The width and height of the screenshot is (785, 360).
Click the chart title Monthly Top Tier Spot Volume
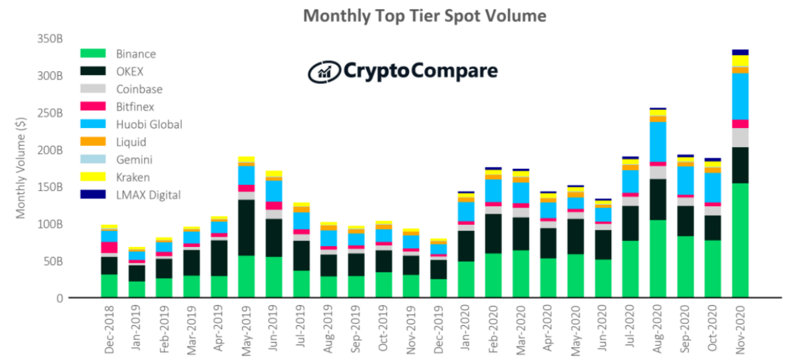[424, 16]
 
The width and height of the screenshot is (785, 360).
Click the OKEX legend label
[130, 71]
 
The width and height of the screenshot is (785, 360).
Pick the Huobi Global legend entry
[149, 124]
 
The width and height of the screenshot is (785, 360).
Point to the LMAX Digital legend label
[148, 195]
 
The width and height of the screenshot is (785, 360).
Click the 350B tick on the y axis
[49, 38]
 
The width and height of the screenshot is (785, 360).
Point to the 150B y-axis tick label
[49, 187]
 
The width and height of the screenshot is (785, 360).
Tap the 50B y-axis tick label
[52, 261]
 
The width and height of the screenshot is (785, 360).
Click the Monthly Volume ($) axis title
[21, 169]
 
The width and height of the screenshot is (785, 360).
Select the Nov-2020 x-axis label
[739, 330]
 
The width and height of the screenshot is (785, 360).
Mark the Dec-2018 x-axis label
[109, 330]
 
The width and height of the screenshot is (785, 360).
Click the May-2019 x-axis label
[246, 330]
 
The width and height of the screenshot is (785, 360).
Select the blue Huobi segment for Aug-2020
[658, 142]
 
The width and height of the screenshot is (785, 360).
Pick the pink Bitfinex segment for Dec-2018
[109, 247]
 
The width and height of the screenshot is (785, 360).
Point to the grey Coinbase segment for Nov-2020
[740, 137]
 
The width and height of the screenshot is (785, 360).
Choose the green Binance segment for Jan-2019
[136, 289]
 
